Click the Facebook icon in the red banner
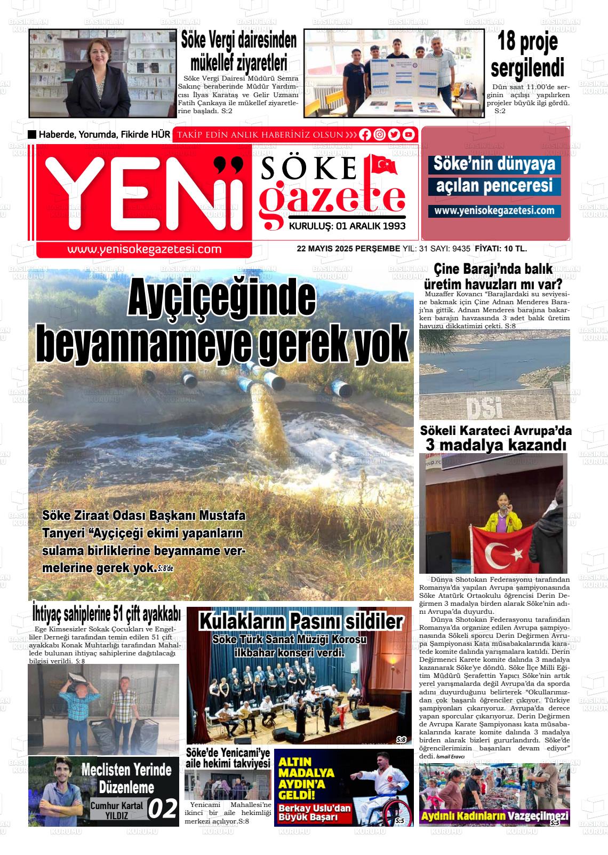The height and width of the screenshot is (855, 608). (x=365, y=134)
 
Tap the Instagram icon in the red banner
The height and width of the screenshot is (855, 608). (x=379, y=134)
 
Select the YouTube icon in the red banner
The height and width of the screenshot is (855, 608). (x=409, y=134)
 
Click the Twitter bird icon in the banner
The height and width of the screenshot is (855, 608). (x=394, y=134)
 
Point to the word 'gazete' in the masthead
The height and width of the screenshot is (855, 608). (x=331, y=199)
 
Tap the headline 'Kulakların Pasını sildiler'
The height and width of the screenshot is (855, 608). (x=300, y=621)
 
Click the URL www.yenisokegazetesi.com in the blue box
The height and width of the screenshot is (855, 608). (x=494, y=211)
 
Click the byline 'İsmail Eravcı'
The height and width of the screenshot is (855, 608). (x=451, y=757)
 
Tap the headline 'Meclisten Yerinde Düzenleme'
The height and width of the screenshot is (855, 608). (x=126, y=778)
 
